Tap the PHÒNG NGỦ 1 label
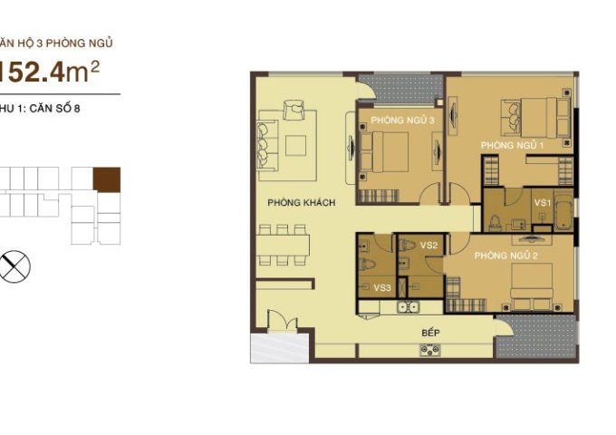tap(512, 145)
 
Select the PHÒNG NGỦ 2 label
tap(506, 256)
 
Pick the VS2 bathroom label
tap(428, 246)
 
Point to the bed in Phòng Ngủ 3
tap(390, 150)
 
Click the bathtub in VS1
tap(563, 212)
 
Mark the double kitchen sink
tap(410, 306)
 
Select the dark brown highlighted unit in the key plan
tap(107, 179)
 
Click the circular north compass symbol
tap(16, 266)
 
